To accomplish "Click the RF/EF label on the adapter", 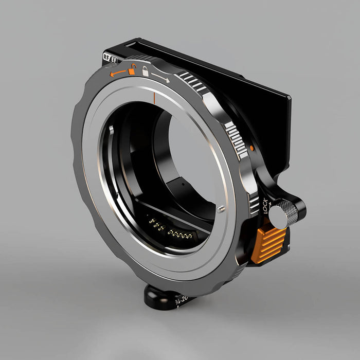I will pos(110,58).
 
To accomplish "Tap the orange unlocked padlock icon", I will pos(133,69).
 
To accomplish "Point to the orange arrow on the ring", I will pos(118,73).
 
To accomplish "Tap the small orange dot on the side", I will pos(251,148).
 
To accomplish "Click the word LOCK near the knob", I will pos(265,206).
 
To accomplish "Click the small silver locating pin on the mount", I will pos(221,209).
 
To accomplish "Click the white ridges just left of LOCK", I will pos(254,205).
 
